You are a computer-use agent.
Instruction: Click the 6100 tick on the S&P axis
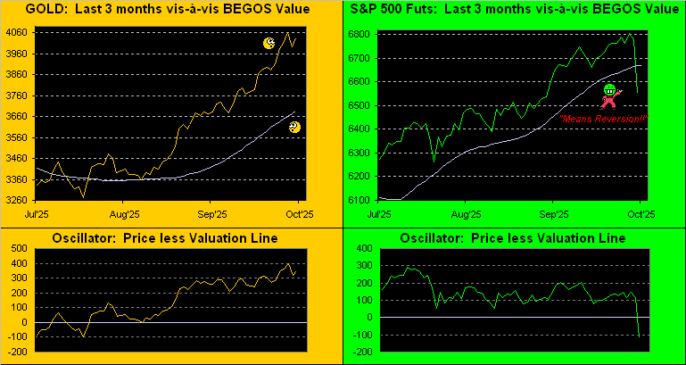pyautogui.click(x=362, y=199)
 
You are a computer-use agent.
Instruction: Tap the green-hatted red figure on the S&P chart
pyautogui.click(x=610, y=96)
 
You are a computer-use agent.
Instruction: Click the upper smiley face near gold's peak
pyautogui.click(x=269, y=43)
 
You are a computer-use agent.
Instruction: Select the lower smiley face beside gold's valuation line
pyautogui.click(x=295, y=128)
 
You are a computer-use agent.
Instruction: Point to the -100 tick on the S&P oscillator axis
pyautogui.click(x=361, y=336)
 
